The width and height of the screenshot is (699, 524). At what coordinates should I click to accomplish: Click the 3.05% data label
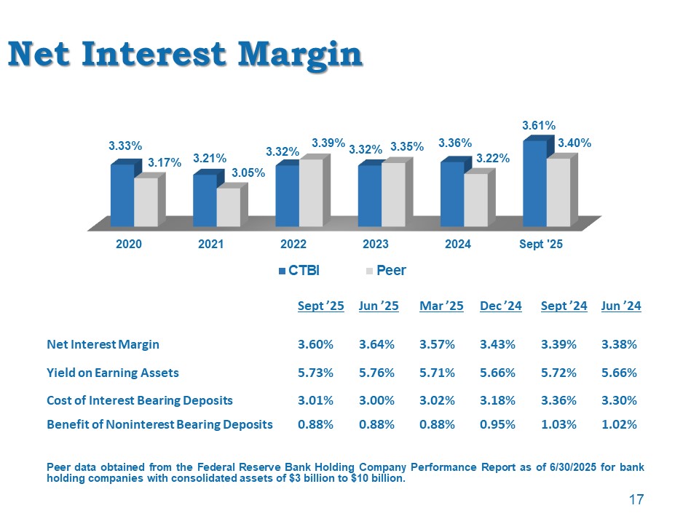point(248,173)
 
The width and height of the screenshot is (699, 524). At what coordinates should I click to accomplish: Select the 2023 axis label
point(375,245)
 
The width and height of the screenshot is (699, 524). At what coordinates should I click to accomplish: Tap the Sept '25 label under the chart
point(541,245)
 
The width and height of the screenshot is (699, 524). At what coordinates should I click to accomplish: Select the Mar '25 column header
point(441,306)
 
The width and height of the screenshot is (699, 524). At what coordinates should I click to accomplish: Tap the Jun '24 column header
point(621,306)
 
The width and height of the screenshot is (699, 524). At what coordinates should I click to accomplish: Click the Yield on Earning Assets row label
point(113,373)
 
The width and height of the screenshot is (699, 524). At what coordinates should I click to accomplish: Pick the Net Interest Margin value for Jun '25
point(377,344)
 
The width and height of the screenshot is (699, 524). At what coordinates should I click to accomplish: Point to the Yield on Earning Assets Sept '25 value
point(316,373)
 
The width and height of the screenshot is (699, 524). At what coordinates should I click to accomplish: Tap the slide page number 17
point(636,499)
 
